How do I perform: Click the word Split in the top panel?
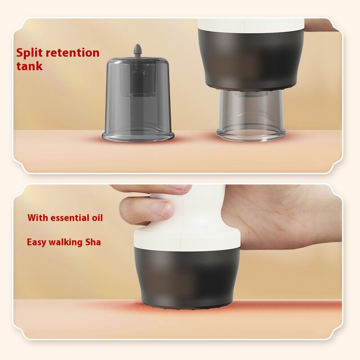click(x=30, y=53)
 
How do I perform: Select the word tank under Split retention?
click(x=29, y=66)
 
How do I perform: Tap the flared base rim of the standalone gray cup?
click(x=138, y=135)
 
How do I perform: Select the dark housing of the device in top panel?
click(x=253, y=58)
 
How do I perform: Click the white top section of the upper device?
click(x=251, y=25)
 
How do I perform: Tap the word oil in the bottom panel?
click(x=96, y=218)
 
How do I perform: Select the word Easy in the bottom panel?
click(x=36, y=242)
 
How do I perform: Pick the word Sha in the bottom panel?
click(x=93, y=242)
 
